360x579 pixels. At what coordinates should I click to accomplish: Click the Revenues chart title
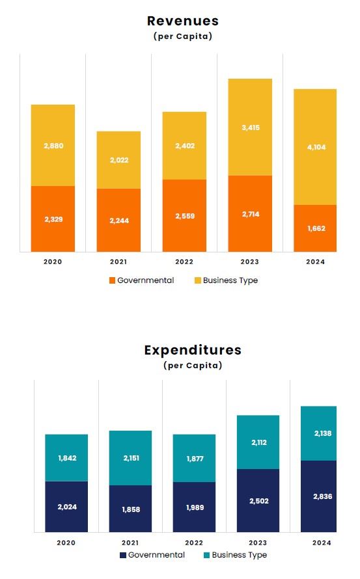183,21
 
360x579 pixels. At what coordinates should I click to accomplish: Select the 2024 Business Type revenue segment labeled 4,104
315,147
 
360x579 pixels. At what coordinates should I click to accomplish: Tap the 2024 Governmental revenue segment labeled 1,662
315,228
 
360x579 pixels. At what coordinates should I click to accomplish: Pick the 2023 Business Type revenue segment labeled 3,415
250,128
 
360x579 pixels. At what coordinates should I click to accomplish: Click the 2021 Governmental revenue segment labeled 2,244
118,220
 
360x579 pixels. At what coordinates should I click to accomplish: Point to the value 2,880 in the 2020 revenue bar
53,146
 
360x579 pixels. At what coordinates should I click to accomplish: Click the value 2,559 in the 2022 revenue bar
184,216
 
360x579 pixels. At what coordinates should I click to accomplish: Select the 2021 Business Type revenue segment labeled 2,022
118,159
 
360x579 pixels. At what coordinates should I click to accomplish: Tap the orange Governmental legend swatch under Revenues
112,280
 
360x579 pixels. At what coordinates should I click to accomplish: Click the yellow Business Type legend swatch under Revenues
198,280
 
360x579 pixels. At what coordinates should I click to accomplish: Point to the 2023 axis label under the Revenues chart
250,262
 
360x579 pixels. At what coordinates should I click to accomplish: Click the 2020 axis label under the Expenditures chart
66,543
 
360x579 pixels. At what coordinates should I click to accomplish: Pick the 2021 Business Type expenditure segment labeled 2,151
130,458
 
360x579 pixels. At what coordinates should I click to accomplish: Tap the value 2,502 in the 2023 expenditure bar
258,501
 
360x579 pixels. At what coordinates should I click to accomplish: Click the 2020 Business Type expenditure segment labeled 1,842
66,458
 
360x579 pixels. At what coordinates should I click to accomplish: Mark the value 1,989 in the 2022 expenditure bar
194,507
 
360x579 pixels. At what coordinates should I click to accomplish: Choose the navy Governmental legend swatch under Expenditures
123,555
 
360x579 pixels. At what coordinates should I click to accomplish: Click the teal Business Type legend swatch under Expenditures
207,555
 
